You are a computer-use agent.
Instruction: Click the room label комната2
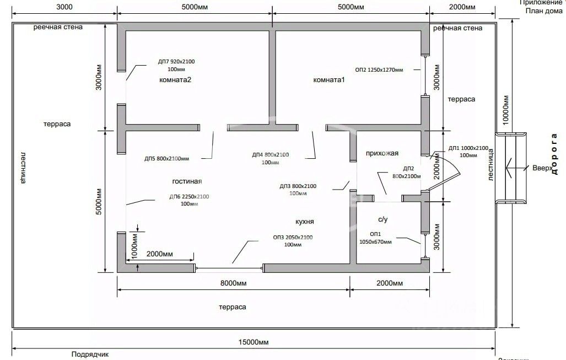[175, 80]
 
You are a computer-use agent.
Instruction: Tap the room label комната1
[328, 80]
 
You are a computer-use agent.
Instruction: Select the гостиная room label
[187, 181]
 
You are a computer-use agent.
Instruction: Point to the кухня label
[304, 221]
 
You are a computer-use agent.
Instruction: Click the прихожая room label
[382, 153]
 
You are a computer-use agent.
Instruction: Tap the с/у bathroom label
[382, 219]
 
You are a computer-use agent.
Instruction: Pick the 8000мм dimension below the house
[233, 283]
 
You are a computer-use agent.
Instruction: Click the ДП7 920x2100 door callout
[176, 62]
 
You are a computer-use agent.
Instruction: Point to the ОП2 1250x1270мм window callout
[379, 70]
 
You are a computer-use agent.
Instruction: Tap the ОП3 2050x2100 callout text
[293, 237]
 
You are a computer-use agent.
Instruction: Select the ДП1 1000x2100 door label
[468, 148]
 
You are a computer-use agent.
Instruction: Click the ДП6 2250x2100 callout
[189, 197]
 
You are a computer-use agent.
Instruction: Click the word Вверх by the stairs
[542, 168]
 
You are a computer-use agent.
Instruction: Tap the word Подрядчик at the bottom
[90, 354]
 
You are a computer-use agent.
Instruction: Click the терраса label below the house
[232, 307]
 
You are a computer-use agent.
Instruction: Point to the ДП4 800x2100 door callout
[270, 155]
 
